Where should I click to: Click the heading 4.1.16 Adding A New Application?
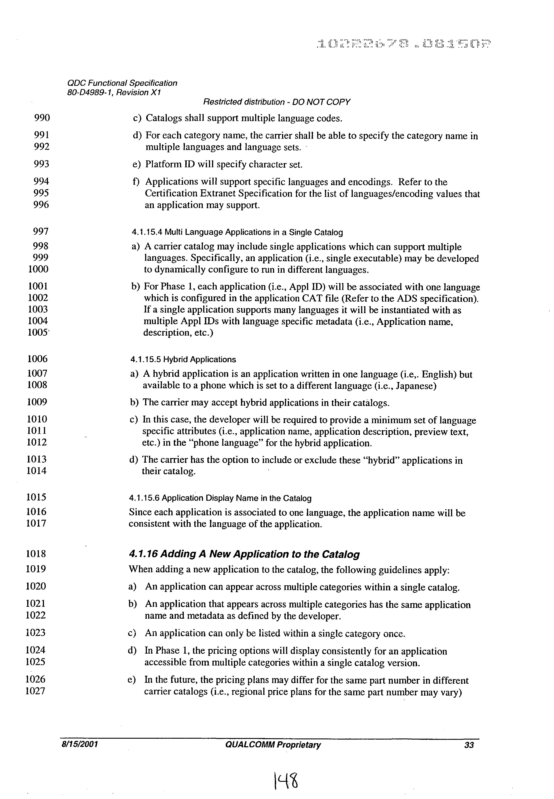tap(244, 554)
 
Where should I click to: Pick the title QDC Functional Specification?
tap(122, 83)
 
